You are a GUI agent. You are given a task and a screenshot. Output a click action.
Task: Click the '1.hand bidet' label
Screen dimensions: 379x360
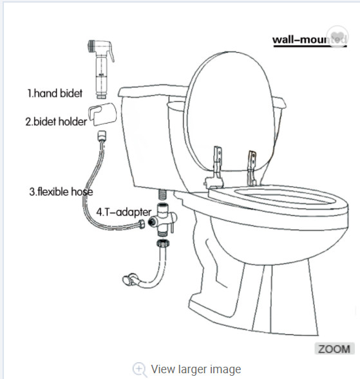click(55, 93)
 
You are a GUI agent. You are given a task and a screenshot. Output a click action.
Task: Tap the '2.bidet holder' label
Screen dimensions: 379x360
click(56, 121)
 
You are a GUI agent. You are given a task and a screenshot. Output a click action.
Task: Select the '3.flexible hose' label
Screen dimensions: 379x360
click(61, 191)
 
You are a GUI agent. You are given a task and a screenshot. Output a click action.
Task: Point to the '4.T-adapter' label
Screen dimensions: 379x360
click(124, 211)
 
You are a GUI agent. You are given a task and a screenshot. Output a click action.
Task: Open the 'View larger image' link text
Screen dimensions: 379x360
click(196, 369)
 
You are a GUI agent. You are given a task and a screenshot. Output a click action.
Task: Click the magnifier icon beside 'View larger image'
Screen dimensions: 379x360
click(140, 369)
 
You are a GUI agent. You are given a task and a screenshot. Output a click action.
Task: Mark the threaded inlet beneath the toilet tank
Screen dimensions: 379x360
click(163, 193)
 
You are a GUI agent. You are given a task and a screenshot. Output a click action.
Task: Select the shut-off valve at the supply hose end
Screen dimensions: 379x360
click(129, 279)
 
